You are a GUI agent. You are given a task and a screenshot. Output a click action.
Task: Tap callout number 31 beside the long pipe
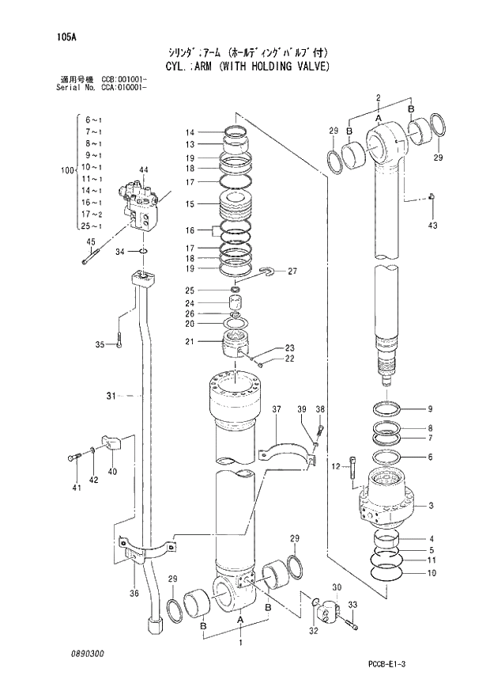[x=111, y=395]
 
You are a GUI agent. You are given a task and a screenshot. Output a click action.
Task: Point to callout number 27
[x=292, y=271]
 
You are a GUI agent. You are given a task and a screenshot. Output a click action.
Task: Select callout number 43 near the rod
[x=432, y=226]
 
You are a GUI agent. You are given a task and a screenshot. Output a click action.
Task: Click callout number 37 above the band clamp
[x=277, y=409]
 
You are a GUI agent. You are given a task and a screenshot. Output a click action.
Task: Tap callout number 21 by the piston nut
[x=190, y=341]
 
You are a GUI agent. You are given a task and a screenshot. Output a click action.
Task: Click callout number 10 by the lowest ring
[x=430, y=572]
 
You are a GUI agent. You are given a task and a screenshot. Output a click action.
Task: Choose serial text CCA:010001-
[x=125, y=87]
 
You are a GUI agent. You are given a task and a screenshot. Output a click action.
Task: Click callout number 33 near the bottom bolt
[x=352, y=605]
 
